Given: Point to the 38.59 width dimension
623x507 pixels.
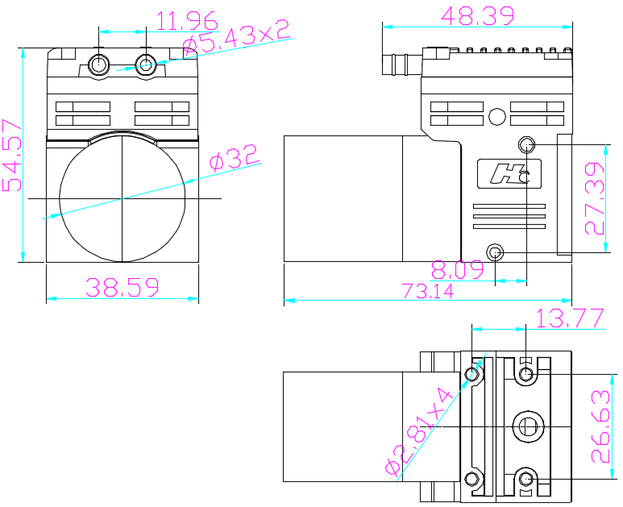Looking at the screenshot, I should tap(123, 287).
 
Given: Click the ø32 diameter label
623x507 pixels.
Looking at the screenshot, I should tap(235, 158).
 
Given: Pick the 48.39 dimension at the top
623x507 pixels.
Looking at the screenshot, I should tap(476, 15).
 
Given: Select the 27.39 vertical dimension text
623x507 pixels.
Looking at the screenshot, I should tap(595, 198).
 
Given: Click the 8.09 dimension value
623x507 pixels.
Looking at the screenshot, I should tap(457, 268).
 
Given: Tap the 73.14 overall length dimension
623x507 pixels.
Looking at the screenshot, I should tap(428, 291).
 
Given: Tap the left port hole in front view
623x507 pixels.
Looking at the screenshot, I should tap(99, 64).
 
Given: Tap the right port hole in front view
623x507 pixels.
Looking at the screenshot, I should tap(146, 64).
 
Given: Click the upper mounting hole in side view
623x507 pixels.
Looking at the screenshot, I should tap(526, 145).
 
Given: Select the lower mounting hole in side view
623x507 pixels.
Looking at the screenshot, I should tap(495, 252).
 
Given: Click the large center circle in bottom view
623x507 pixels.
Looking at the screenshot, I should tap(528, 424).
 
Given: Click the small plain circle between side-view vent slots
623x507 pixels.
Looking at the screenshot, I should tap(497, 116).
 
